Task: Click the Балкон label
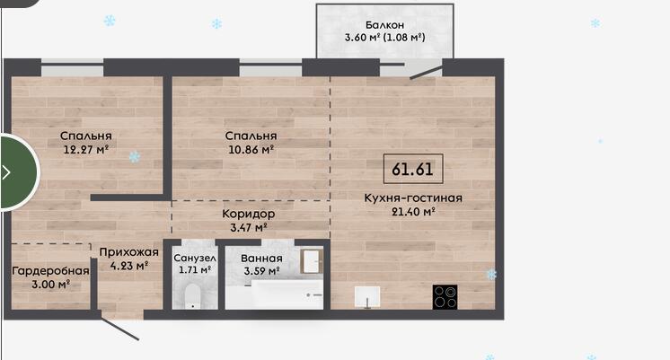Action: click(x=384, y=25)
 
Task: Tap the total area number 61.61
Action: click(x=413, y=169)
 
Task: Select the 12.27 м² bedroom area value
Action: click(x=86, y=149)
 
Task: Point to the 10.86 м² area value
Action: click(x=251, y=149)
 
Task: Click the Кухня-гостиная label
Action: click(x=413, y=198)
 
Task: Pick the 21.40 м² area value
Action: click(x=413, y=211)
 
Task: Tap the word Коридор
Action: click(x=248, y=214)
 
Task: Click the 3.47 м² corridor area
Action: click(x=249, y=227)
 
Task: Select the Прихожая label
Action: click(x=128, y=252)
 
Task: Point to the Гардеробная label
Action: click(x=50, y=271)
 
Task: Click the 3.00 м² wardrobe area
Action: click(x=51, y=285)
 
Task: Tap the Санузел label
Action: click(x=195, y=259)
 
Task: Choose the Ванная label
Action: click(x=261, y=259)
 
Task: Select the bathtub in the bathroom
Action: click(x=274, y=294)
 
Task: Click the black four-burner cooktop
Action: click(x=445, y=297)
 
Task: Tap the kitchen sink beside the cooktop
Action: click(x=367, y=297)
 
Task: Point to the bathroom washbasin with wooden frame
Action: click(x=312, y=261)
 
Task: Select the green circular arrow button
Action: click(x=19, y=172)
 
